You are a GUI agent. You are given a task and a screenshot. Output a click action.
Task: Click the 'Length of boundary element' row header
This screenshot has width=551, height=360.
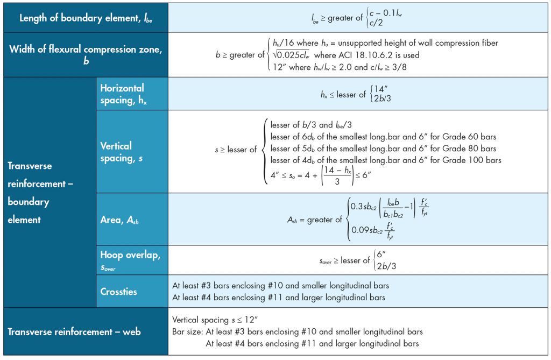tap(86, 18)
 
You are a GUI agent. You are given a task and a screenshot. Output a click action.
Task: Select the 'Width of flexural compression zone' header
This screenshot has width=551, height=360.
tap(86, 54)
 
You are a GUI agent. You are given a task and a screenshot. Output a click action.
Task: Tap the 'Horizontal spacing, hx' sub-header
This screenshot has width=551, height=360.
tap(123, 94)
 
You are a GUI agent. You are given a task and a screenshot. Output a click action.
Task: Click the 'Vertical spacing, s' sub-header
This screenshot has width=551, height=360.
tap(121, 152)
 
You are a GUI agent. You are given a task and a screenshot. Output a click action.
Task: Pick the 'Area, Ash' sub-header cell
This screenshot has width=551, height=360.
tap(119, 220)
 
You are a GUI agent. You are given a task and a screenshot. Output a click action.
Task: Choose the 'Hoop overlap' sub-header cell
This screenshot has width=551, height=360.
tap(130, 260)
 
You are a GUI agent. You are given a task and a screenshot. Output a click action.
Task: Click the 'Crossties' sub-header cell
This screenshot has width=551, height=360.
tap(118, 292)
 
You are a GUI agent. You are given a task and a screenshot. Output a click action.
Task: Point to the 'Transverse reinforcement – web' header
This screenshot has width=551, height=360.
tap(74, 331)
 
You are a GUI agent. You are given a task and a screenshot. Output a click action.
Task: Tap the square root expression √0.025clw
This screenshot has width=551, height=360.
tap(291, 55)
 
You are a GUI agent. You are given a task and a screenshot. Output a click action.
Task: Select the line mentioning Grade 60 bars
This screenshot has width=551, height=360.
tap(383, 137)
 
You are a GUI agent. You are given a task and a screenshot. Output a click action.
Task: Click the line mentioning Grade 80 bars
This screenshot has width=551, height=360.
tap(383, 149)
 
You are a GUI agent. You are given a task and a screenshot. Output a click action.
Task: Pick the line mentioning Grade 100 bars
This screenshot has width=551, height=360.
tap(385, 160)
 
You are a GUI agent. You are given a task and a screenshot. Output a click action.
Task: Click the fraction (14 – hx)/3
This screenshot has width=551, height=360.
tap(337, 175)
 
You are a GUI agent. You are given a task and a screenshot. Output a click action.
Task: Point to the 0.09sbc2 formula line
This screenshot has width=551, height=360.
tap(373, 230)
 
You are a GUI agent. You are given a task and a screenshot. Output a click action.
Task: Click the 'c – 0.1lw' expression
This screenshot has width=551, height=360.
tap(385, 13)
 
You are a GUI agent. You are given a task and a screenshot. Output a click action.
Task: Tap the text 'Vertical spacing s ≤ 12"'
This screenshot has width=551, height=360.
tap(215, 320)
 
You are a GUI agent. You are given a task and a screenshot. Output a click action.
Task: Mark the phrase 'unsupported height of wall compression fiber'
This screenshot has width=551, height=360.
tap(418, 43)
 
